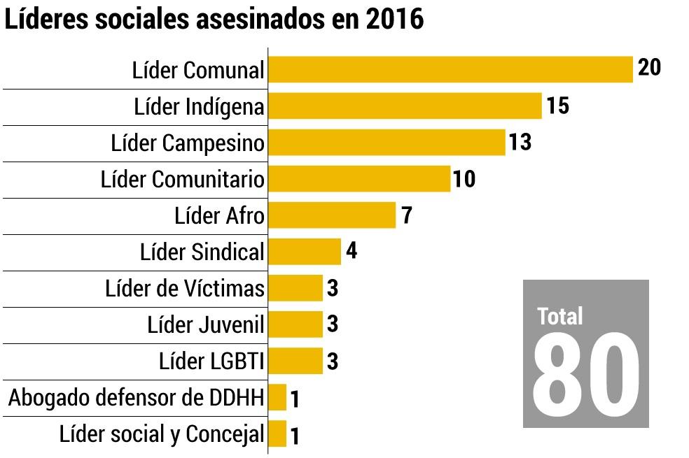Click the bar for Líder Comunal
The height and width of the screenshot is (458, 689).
[450, 70]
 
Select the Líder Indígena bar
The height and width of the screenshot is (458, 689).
[405, 106]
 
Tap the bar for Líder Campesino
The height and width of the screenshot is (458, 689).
[387, 143]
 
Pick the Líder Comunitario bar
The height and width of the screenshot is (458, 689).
[359, 179]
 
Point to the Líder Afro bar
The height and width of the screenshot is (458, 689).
[332, 215]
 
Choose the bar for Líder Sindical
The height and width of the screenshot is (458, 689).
[305, 252]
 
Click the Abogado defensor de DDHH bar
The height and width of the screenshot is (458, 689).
[277, 397]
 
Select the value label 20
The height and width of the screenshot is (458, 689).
[649, 68]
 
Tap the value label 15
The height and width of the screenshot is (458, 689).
[557, 106]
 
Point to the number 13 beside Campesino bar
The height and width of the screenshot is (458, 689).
[520, 142]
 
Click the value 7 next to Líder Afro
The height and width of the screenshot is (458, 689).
[406, 215]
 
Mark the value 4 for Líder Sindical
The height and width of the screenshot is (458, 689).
[352, 251]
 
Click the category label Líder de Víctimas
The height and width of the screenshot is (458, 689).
[185, 288]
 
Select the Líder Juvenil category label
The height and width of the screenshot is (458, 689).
[206, 324]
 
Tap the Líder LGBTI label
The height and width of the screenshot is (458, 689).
[211, 362]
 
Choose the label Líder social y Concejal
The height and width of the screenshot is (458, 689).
[162, 434]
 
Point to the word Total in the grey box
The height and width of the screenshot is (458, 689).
[560, 316]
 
